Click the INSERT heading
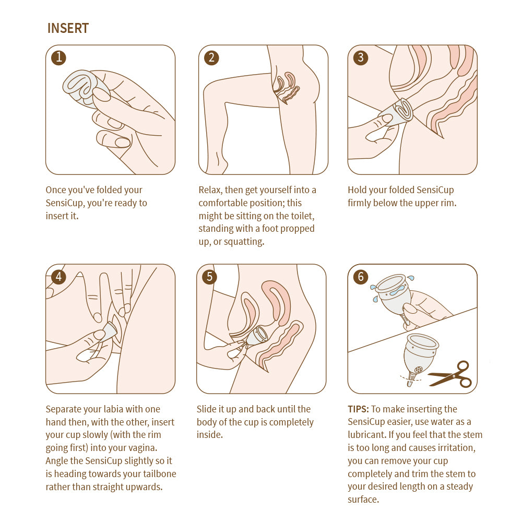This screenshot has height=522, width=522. pyautogui.click(x=68, y=28)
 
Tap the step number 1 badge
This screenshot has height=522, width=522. pyautogui.click(x=58, y=57)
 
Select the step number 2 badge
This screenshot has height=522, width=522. pyautogui.click(x=211, y=57)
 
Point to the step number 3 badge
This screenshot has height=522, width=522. pyautogui.click(x=361, y=57)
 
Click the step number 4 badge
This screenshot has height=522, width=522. pyautogui.click(x=58, y=277)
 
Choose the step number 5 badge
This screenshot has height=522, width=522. pyautogui.click(x=209, y=277)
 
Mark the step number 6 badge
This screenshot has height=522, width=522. pyautogui.click(x=361, y=277)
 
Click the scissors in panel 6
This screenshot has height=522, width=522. pyautogui.click(x=450, y=374)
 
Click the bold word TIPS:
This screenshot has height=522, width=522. pyautogui.click(x=358, y=409)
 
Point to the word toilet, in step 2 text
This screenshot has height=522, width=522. pyautogui.click(x=302, y=216)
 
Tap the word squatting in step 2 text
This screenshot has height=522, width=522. pyautogui.click(x=244, y=242)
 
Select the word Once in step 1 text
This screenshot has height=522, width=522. pyautogui.click(x=56, y=190)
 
